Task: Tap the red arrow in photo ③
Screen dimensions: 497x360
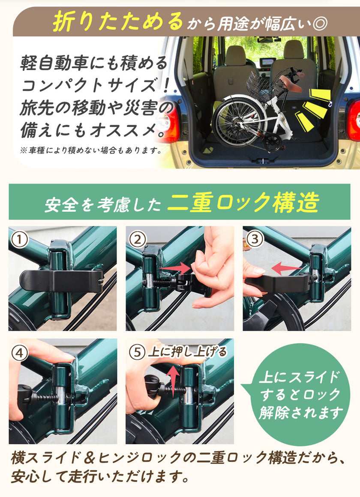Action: (x=286, y=269)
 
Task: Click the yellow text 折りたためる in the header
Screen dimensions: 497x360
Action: (x=118, y=21)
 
